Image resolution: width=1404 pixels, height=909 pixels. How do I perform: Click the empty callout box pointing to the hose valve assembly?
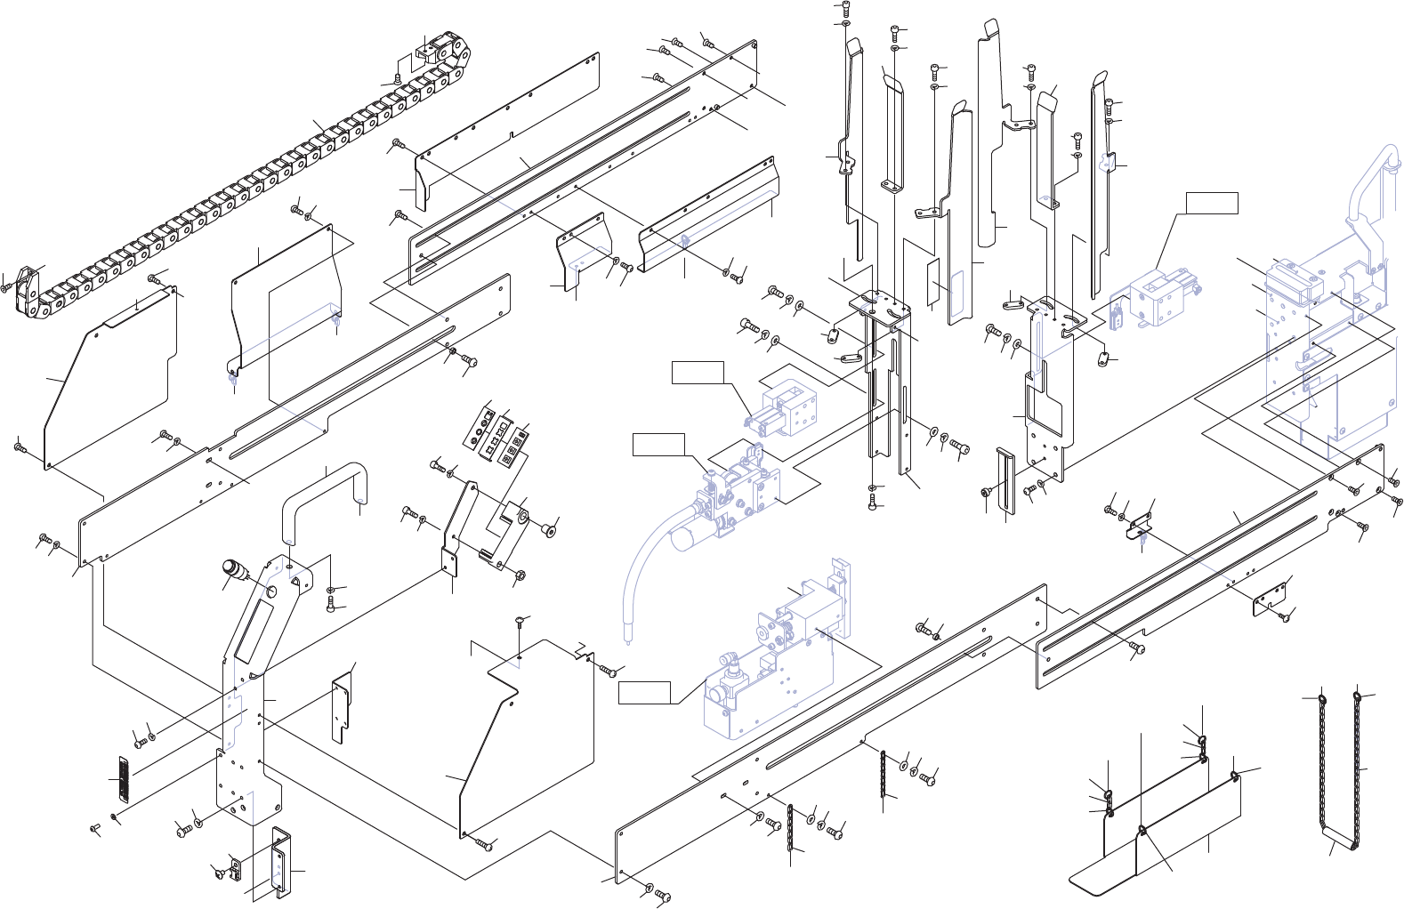pos(658,444)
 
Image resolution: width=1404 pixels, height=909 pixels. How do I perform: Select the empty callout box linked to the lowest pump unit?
pos(645,692)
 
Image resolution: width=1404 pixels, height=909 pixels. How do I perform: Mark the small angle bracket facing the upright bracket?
pos(340,706)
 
